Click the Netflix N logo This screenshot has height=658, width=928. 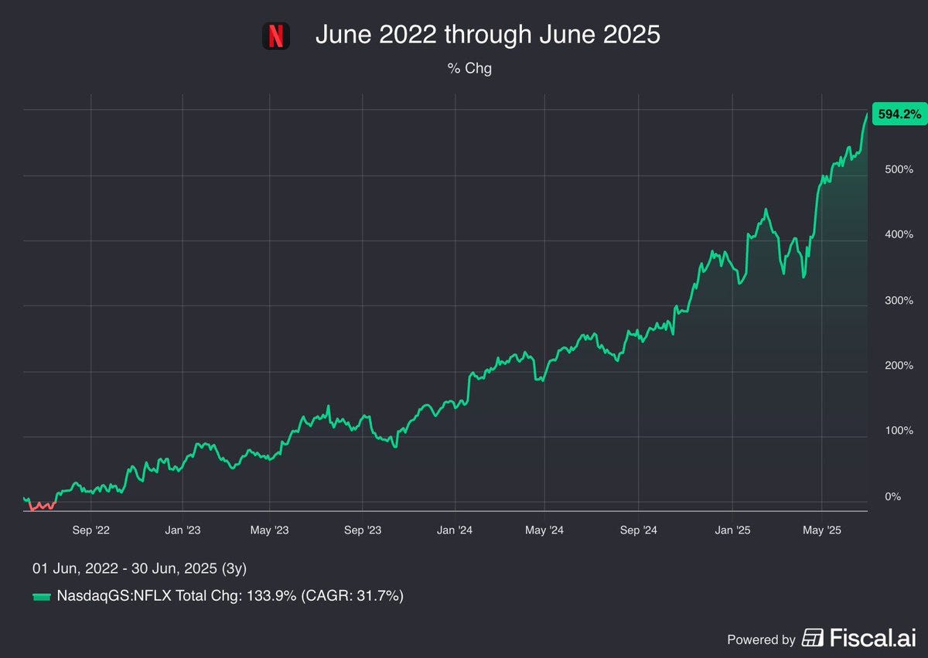[x=276, y=36]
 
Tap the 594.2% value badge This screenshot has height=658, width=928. [x=899, y=114]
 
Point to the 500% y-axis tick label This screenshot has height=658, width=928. [x=899, y=169]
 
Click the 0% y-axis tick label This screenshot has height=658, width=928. [x=892, y=496]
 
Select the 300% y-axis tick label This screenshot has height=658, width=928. [x=899, y=300]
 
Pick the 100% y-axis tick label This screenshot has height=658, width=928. [x=899, y=431]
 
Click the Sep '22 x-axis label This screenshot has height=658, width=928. [x=90, y=530]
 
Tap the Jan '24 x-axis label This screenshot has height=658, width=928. [x=455, y=530]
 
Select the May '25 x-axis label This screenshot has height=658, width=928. [x=822, y=530]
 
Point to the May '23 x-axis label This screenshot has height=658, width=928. [x=269, y=530]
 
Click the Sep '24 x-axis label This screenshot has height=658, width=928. [x=639, y=530]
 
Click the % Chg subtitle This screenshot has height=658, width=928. [x=469, y=68]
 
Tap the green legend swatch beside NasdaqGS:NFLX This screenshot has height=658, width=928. [x=42, y=597]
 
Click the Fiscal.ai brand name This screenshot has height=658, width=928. [x=873, y=638]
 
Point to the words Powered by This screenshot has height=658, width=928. [x=762, y=639]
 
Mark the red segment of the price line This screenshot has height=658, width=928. [x=43, y=506]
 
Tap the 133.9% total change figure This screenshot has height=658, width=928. [x=271, y=596]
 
